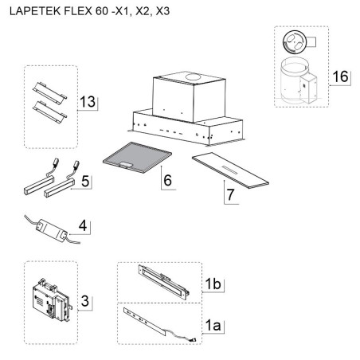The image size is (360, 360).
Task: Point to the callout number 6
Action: [x=167, y=180]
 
